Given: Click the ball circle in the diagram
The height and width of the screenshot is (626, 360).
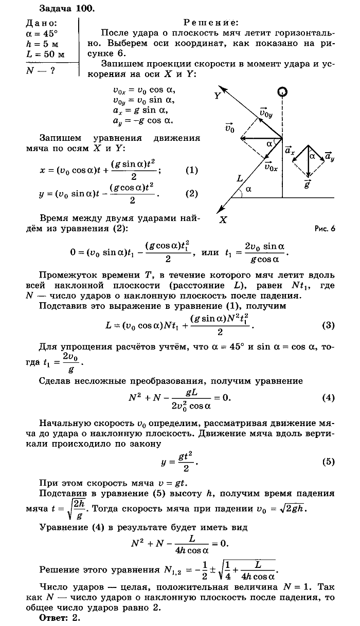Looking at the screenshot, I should click(x=282, y=93).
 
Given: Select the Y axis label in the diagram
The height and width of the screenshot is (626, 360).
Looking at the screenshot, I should click(x=218, y=96).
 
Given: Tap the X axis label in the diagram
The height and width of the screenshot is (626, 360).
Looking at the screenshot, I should click(x=223, y=219).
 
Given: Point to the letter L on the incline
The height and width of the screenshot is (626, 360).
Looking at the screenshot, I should click(x=240, y=178).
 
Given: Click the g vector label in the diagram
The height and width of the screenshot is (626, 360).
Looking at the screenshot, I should click(x=308, y=183).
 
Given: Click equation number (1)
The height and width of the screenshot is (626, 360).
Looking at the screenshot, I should click(x=191, y=170).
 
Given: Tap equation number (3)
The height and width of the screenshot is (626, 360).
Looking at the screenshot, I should click(x=328, y=325).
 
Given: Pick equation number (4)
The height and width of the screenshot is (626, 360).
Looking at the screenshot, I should click(x=328, y=398).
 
